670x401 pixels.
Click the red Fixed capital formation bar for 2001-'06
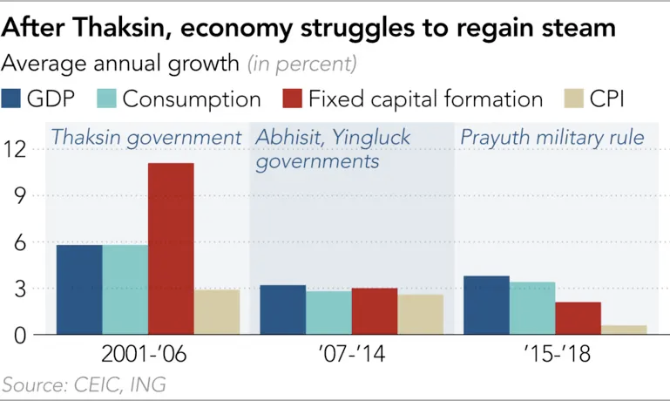[x=171, y=248]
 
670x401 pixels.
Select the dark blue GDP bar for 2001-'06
[x=79, y=289]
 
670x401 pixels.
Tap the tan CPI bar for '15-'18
[x=624, y=330]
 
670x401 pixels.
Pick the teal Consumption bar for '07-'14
[x=328, y=312]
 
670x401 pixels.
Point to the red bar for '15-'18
[x=578, y=318]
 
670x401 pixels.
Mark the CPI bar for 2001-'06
[x=216, y=312]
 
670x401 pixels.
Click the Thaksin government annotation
[x=146, y=138]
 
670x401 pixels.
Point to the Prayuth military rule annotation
[x=552, y=138]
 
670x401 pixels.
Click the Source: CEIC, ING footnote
[x=84, y=384]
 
